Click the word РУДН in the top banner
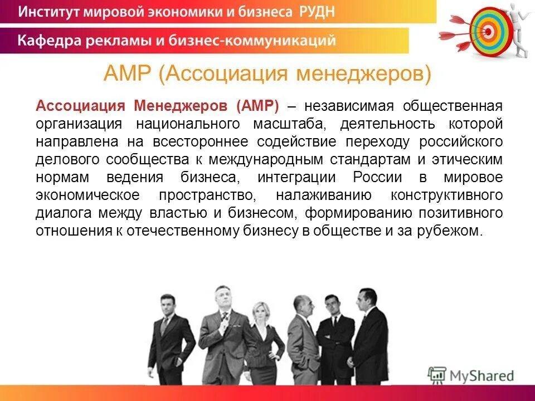(x=313, y=12)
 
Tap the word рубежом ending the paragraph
(x=451, y=232)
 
